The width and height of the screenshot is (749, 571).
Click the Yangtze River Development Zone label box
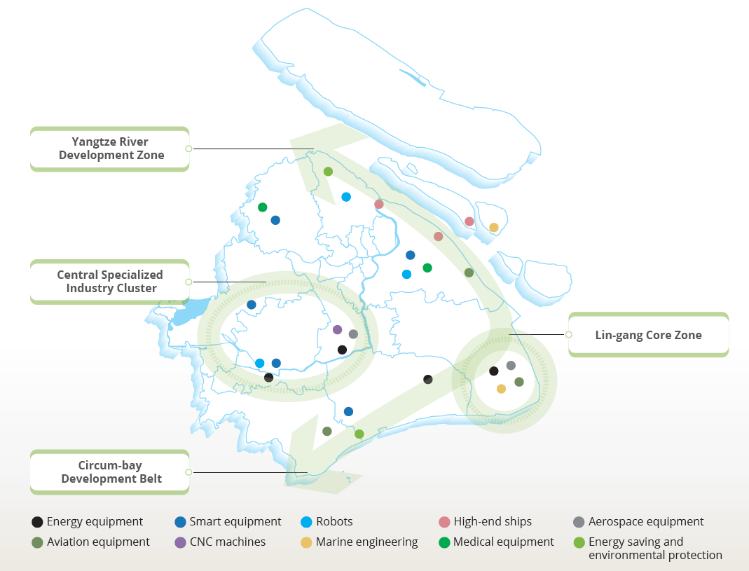pos(109,149)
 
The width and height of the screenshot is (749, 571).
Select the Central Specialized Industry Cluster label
pos(109,282)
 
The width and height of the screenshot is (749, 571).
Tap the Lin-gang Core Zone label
pos(648,334)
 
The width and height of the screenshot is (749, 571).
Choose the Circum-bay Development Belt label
pos(109,472)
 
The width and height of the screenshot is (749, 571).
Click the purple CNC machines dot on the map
pos(337,329)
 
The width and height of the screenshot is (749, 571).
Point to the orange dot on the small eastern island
pos(494,228)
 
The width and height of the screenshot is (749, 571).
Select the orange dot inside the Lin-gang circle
pos(501,388)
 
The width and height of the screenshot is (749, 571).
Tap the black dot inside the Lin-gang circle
pos(494,371)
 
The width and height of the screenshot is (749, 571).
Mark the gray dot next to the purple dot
pos(354,334)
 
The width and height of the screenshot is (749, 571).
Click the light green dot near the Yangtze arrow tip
pos(328,171)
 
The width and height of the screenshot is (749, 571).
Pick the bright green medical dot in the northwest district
pos(262,207)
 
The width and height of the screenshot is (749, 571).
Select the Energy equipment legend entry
pos(88,521)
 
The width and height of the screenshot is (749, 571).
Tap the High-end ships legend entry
pos(486,521)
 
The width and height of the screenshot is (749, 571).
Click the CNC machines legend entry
pos(220,542)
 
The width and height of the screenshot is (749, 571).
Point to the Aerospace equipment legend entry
pos(639,521)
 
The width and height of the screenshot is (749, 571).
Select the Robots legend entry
pos(327,521)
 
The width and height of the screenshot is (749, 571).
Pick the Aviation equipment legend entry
pos(90,542)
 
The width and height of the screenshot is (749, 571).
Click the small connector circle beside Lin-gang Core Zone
pos(568,334)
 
